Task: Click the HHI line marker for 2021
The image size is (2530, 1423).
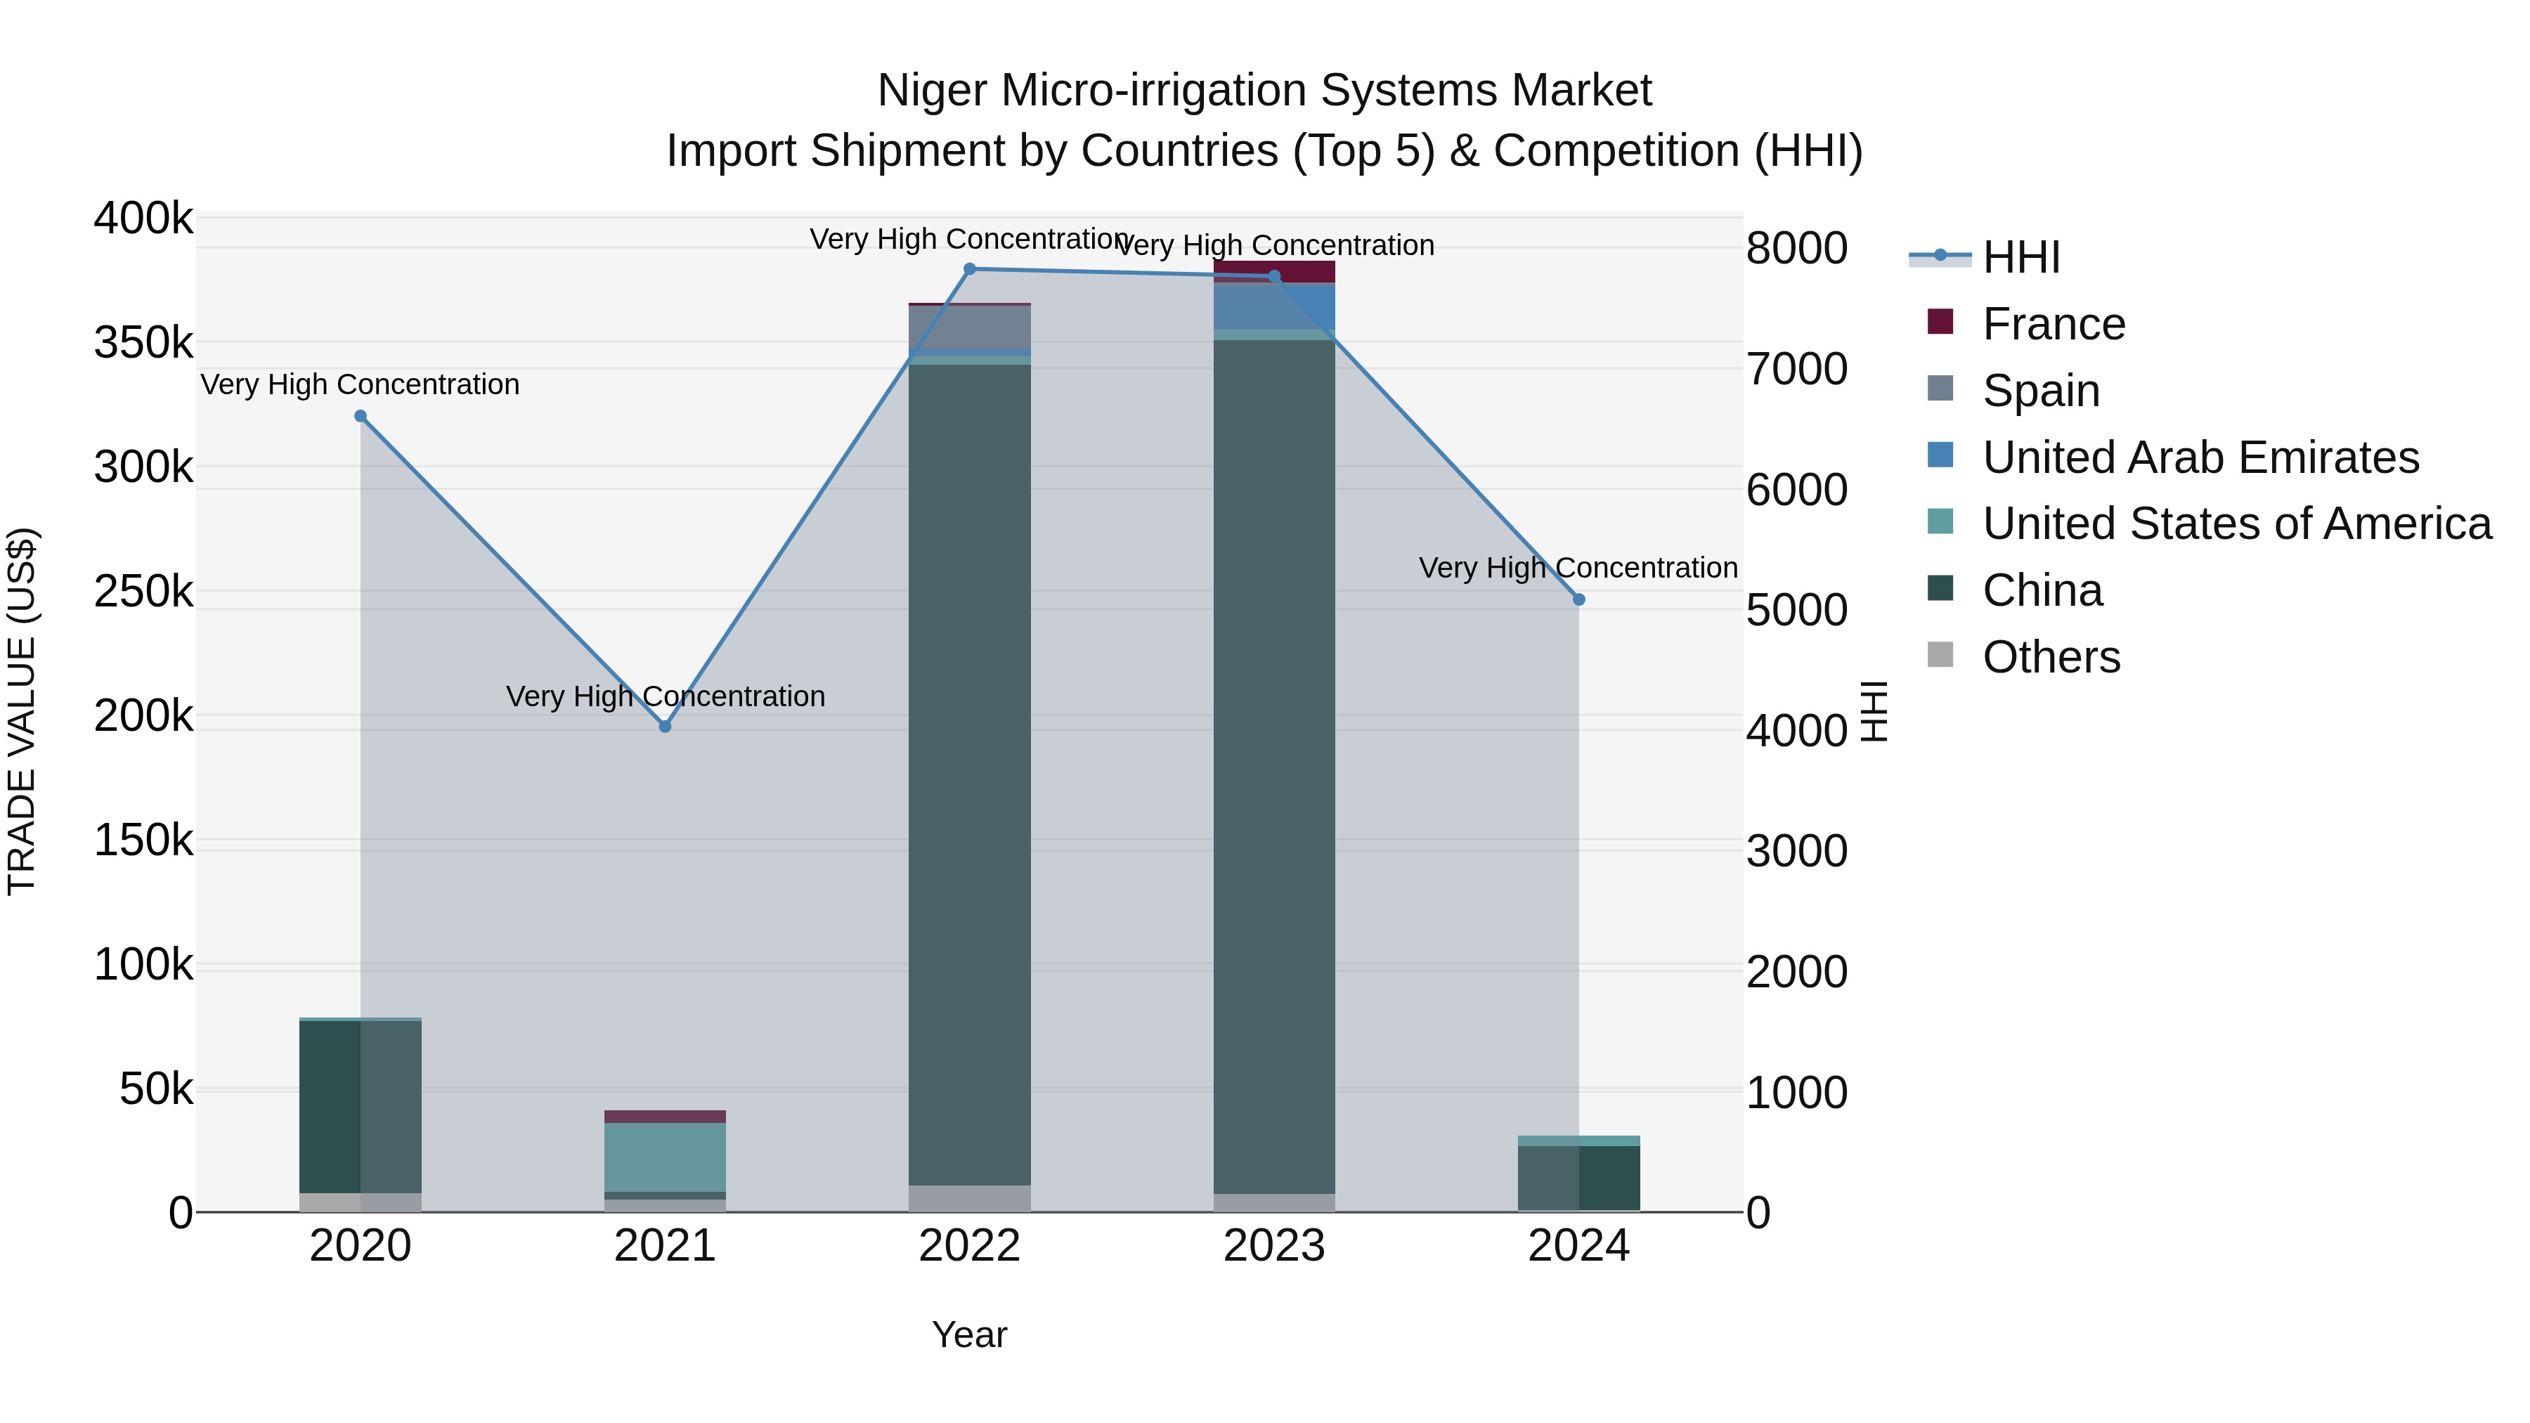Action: (665, 727)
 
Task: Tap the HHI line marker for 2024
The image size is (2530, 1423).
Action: (1578, 599)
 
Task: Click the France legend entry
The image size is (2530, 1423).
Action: (2053, 324)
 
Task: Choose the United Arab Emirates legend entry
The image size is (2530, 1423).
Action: (2200, 457)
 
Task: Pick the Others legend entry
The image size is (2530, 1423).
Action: (2051, 657)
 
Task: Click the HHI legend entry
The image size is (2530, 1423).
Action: (2020, 257)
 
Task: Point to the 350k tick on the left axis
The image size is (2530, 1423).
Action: (143, 344)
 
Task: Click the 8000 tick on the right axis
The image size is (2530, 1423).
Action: (1796, 249)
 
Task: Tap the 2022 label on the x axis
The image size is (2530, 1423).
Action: (969, 1246)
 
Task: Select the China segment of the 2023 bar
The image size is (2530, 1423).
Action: (1274, 766)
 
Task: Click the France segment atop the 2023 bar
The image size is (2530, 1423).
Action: (1274, 271)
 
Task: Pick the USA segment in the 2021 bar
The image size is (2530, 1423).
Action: (665, 1157)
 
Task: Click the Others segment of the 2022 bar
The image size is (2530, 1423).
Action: (969, 1198)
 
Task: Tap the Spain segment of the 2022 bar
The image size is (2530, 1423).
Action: (969, 327)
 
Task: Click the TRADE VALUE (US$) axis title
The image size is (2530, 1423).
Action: (22, 711)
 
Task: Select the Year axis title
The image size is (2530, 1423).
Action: (969, 1334)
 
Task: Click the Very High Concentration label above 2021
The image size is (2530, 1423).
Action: (665, 696)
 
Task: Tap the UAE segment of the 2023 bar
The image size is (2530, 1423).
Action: (1274, 306)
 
